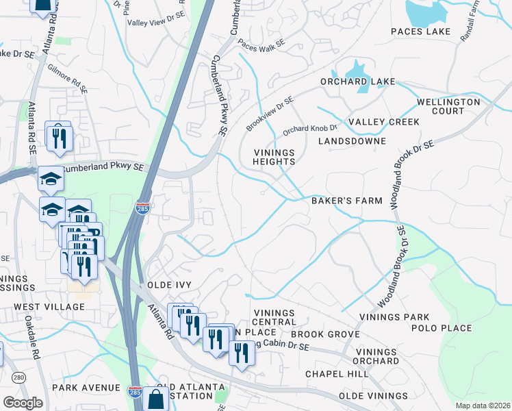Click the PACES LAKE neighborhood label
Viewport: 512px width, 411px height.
pyautogui.click(x=420, y=32)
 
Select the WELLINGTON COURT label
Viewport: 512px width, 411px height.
pyautogui.click(x=448, y=106)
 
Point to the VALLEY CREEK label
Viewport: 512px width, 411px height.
pyautogui.click(x=383, y=122)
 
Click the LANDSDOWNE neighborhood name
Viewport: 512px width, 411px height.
pyautogui.click(x=352, y=141)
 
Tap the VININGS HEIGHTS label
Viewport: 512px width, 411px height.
pyautogui.click(x=274, y=157)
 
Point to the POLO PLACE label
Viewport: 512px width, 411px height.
pyautogui.click(x=441, y=328)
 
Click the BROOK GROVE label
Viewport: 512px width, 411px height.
pyautogui.click(x=325, y=334)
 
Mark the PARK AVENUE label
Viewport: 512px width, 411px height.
pyautogui.click(x=89, y=388)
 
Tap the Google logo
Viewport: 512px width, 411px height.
pyautogui.click(x=23, y=403)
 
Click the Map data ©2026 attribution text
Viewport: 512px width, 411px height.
pyautogui.click(x=483, y=406)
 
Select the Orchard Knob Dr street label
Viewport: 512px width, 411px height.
pyautogui.click(x=310, y=129)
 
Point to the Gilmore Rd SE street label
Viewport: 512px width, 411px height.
pyautogui.click(x=68, y=78)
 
